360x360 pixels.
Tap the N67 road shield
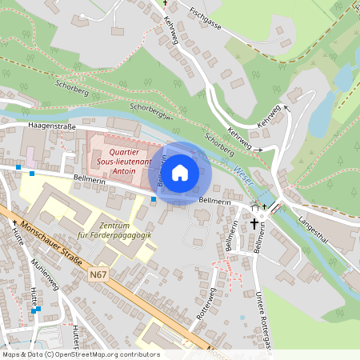[98, 275]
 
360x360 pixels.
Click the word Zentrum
[115, 225]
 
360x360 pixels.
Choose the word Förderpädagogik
[115, 235]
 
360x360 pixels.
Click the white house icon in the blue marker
[180, 172]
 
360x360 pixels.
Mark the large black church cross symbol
[256, 223]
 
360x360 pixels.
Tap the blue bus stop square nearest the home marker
[154, 198]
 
